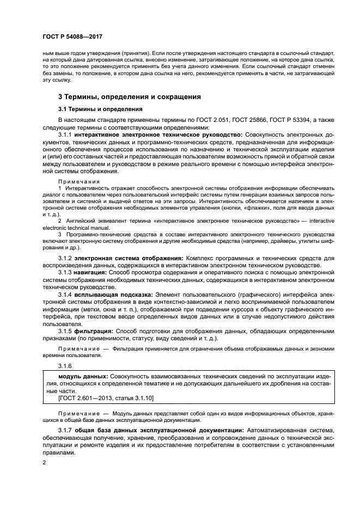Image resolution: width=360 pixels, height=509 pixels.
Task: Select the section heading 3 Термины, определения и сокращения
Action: pyautogui.click(x=122, y=96)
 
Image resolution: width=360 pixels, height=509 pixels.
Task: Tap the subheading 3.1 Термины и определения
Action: pyautogui.click(x=93, y=109)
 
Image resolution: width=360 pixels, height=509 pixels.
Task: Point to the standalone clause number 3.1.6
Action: pyautogui.click(x=65, y=366)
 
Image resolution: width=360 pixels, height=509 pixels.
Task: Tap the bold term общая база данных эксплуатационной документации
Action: pyautogui.click(x=158, y=431)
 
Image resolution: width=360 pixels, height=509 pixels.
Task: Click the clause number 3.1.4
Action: pyautogui.click(x=65, y=294)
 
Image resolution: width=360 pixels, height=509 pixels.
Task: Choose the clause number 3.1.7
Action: pyautogui.click(x=65, y=431)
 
